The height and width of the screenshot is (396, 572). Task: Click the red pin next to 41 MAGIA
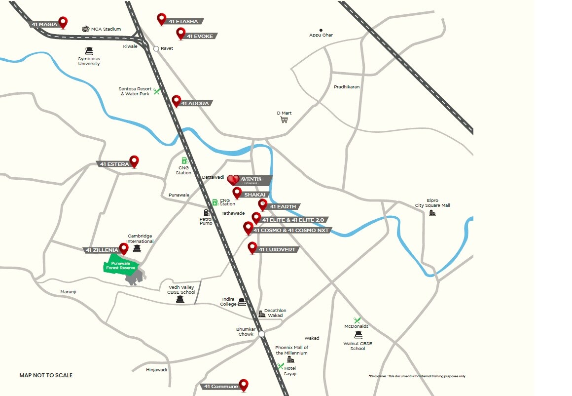pyautogui.click(x=63, y=22)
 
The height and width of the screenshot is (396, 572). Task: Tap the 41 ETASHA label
pyautogui.click(x=184, y=21)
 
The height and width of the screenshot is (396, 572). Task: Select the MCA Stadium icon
pyautogui.click(x=86, y=29)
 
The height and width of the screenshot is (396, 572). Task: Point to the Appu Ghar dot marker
pyautogui.click(x=321, y=30)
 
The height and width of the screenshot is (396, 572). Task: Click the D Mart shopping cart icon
pyautogui.click(x=284, y=119)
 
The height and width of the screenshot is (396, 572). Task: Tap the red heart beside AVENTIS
pyautogui.click(x=233, y=180)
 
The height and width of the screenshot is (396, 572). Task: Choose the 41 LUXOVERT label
pyautogui.click(x=277, y=250)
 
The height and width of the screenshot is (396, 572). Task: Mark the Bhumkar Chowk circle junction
pyautogui.click(x=261, y=334)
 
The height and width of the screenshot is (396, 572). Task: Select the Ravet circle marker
pyautogui.click(x=156, y=48)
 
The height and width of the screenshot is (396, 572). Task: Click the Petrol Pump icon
pyautogui.click(x=206, y=212)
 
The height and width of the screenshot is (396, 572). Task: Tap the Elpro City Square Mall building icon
pyautogui.click(x=432, y=213)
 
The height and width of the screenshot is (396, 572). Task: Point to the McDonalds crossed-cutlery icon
pyautogui.click(x=357, y=320)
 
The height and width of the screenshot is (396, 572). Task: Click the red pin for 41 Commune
pyautogui.click(x=243, y=385)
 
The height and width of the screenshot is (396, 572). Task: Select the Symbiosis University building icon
pyautogui.click(x=89, y=50)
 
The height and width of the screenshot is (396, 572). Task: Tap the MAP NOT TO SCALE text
pyautogui.click(x=46, y=375)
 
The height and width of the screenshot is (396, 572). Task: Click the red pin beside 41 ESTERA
pyautogui.click(x=134, y=161)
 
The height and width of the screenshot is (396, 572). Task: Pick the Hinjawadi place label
pyautogui.click(x=157, y=370)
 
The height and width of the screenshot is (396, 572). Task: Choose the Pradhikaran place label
pyautogui.click(x=347, y=87)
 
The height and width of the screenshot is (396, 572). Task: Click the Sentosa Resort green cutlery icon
pyautogui.click(x=156, y=91)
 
